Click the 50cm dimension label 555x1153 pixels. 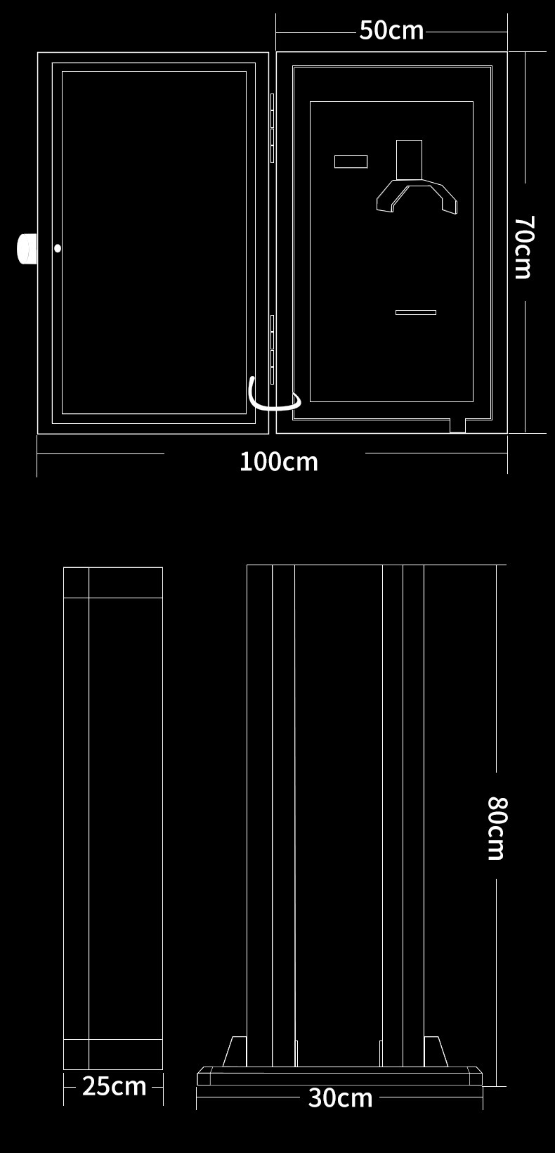(x=391, y=30)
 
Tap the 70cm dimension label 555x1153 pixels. (x=523, y=247)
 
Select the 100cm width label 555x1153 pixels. (x=279, y=462)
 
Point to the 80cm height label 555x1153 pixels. (x=497, y=828)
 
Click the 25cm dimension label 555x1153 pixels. (x=114, y=1086)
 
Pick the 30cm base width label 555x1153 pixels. (x=340, y=1097)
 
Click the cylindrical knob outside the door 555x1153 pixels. (x=27, y=248)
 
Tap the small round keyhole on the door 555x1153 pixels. (x=58, y=248)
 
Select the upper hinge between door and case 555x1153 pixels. (x=272, y=128)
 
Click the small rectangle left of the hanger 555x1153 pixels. (x=351, y=162)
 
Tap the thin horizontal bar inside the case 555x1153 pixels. (x=415, y=312)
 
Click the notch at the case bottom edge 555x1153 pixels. (x=457, y=425)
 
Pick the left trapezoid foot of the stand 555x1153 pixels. (x=235, y=1052)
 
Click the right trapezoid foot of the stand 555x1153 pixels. (x=435, y=1052)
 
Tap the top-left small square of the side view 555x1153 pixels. (x=76, y=582)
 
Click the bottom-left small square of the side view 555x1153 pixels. (x=76, y=1054)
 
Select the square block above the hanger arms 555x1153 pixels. (x=409, y=159)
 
